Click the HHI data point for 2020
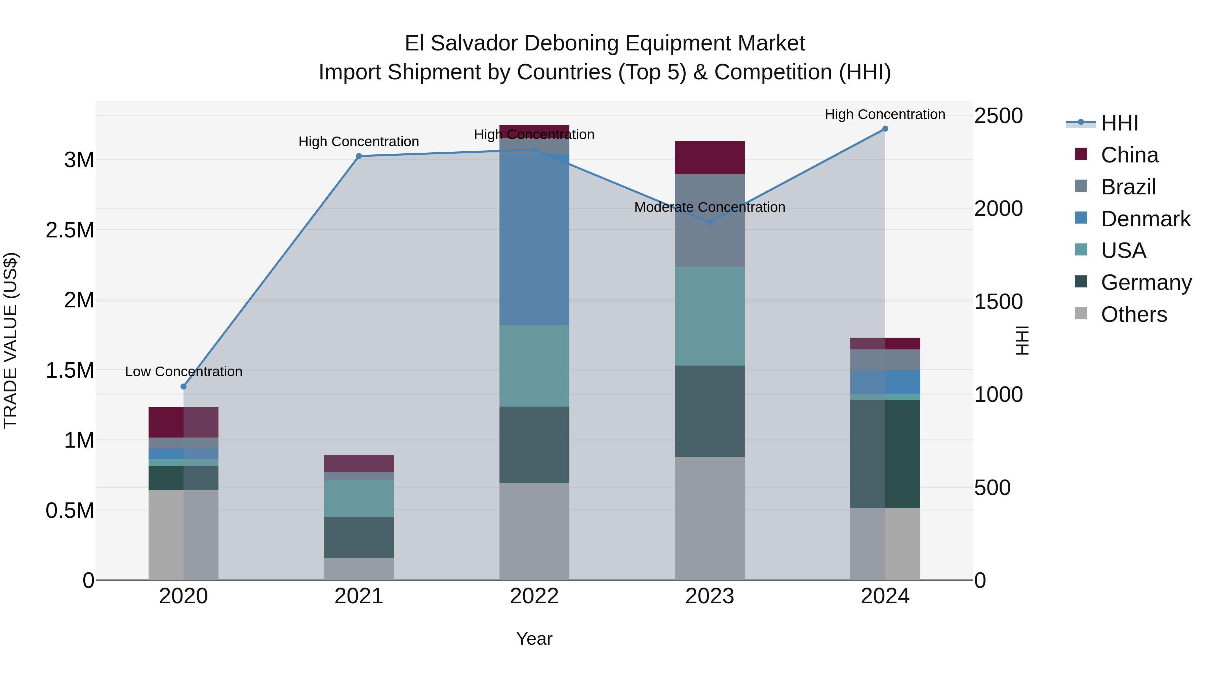tap(184, 386)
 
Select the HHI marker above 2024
tap(885, 129)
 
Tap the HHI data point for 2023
tap(710, 222)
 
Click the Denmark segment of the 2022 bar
tap(534, 240)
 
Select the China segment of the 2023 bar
tap(710, 157)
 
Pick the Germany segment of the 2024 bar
tap(885, 454)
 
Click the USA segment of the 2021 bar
tap(359, 498)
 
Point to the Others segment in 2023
tap(710, 518)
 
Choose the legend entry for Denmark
tap(1145, 219)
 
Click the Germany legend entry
tap(1146, 282)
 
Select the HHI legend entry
tap(1119, 123)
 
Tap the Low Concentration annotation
tap(184, 371)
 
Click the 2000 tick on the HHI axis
tap(999, 208)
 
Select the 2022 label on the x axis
tap(534, 596)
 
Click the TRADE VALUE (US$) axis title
tap(10, 340)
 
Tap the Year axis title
tap(534, 639)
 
